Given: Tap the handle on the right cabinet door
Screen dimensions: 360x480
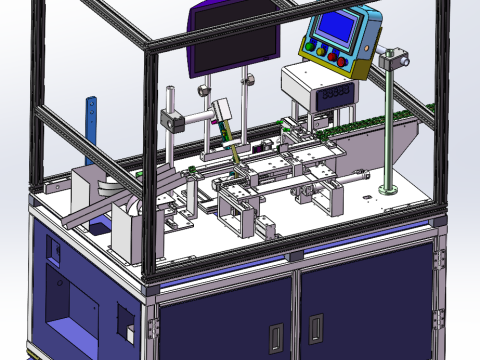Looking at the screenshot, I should [x=316, y=327].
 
